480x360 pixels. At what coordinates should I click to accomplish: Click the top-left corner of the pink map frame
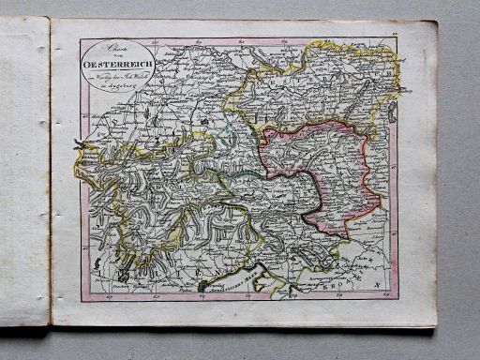tap(82, 39)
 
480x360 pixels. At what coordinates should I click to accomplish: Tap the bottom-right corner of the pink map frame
tap(397, 298)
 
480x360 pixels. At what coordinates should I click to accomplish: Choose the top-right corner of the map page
tap(434, 22)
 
